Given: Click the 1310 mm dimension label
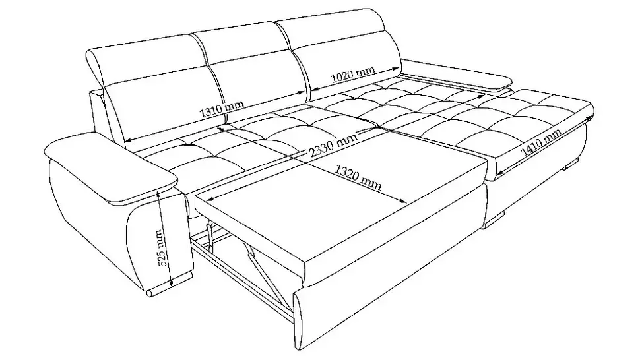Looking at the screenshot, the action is (x=222, y=107).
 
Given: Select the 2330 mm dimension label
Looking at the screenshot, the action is (x=333, y=144).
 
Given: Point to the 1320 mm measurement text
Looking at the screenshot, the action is (x=358, y=177).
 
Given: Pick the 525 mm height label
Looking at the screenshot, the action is (x=162, y=248).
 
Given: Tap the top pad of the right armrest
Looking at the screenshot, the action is (x=457, y=75).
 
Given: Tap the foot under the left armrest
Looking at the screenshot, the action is (x=168, y=287).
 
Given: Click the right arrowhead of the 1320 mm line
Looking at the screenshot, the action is (x=403, y=200).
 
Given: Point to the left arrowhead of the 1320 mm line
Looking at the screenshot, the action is (x=211, y=199).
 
